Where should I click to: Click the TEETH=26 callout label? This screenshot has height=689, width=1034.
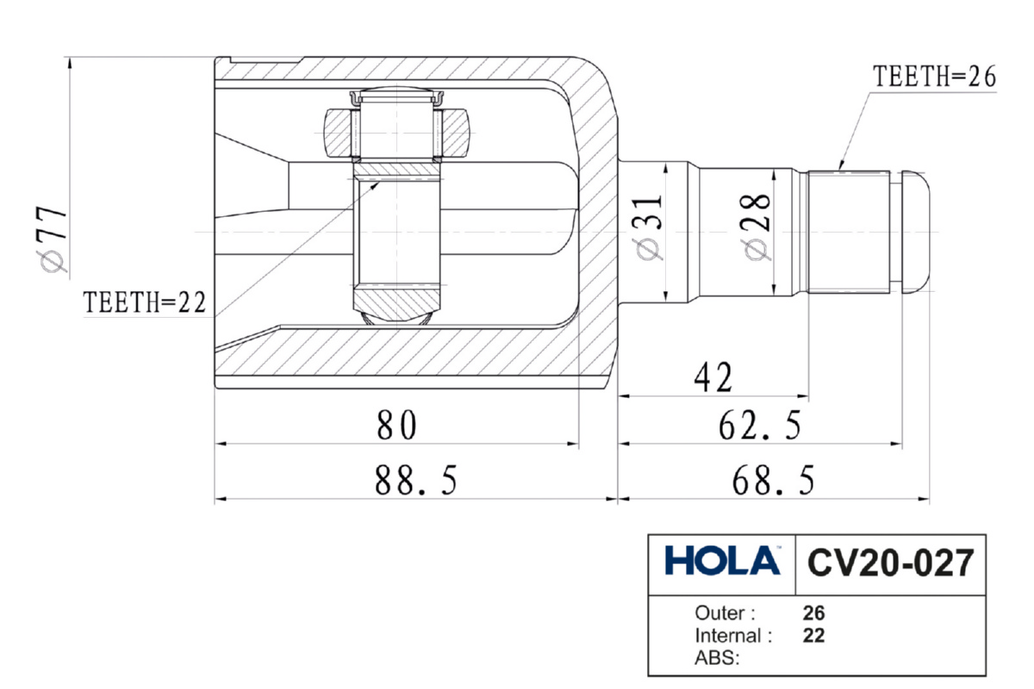[934, 77]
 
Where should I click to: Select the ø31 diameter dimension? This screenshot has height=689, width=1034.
[650, 226]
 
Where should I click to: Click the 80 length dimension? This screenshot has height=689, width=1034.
[396, 425]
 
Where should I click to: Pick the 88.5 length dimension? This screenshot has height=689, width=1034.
[415, 481]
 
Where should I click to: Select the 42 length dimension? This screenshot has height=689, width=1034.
[712, 377]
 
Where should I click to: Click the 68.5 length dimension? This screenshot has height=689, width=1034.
[773, 481]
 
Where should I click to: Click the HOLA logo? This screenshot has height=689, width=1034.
[723, 562]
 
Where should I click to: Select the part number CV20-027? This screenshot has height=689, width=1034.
[890, 563]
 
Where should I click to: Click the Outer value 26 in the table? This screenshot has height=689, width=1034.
[813, 614]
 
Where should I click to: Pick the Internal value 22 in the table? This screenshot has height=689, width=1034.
[813, 636]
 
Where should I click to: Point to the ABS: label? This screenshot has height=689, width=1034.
[717, 660]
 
